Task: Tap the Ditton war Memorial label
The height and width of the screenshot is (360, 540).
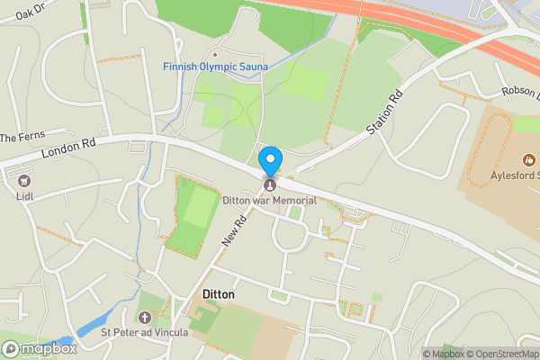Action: (x=269, y=200)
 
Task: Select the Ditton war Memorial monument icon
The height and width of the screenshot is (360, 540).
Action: (x=269, y=185)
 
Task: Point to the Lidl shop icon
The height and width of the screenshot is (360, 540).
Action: (x=23, y=179)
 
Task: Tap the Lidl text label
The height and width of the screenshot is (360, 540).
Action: (x=23, y=193)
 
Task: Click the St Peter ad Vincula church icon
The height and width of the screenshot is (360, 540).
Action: (x=145, y=317)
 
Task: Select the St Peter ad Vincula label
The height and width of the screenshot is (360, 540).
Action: (x=145, y=332)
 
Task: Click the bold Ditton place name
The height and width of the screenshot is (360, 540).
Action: (x=212, y=295)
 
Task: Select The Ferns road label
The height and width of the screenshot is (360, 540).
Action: (x=22, y=138)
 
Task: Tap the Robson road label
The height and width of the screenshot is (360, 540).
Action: (x=519, y=92)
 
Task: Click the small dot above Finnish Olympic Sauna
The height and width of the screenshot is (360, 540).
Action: (x=214, y=55)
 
